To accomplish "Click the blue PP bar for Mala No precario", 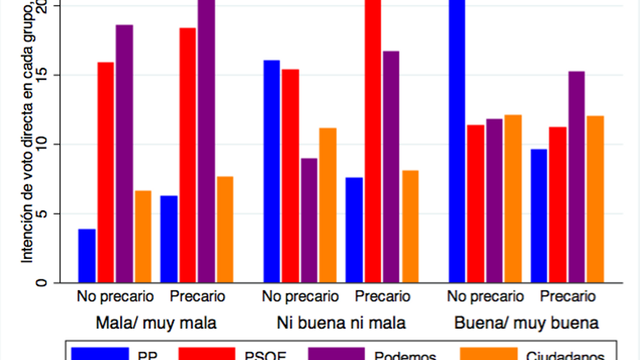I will click(x=87, y=256).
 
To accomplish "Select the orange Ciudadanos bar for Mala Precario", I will click(x=225, y=230).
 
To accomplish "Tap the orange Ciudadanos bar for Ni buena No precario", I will click(x=328, y=205).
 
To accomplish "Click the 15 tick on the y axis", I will click(x=47, y=75).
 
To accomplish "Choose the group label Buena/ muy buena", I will click(x=526, y=322).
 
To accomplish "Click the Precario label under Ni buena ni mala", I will click(x=383, y=297).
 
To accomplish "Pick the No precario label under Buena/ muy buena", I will click(x=486, y=297).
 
